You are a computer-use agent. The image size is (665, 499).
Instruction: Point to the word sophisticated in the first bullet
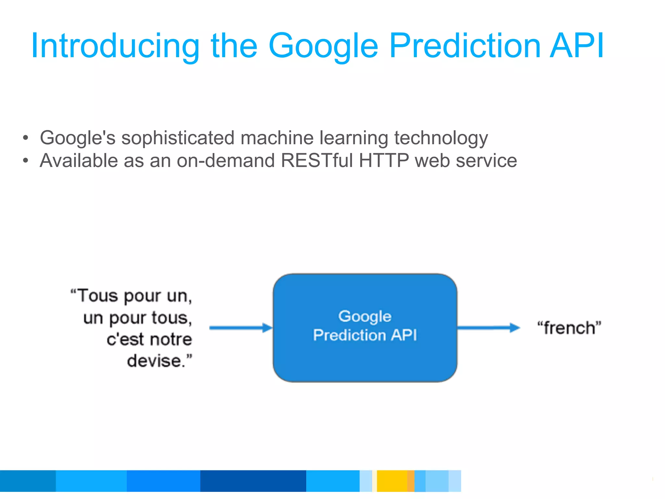pos(178,138)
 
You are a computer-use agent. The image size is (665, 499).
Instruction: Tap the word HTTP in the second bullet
pos(384,160)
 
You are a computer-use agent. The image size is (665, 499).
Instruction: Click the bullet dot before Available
pos(26,160)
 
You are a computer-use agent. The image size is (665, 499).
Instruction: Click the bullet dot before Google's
pos(26,138)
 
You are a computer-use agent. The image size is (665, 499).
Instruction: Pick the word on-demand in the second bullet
pos(226,160)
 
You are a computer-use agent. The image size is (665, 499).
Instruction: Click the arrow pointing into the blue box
pos(241,328)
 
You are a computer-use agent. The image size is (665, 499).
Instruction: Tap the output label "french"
pos(569,328)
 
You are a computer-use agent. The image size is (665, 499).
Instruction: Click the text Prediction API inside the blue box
pos(365,335)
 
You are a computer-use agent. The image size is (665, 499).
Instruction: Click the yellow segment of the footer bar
pos(392,481)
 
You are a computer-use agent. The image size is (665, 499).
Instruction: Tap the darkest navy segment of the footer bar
pos(253,481)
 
